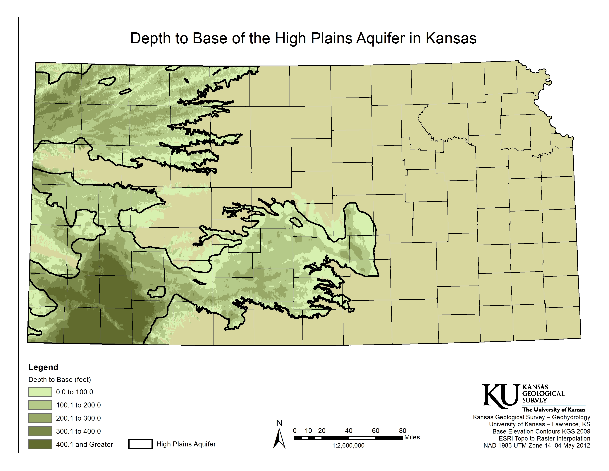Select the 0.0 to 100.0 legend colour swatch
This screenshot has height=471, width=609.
tap(40, 392)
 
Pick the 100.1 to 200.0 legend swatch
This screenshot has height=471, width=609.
tap(40, 405)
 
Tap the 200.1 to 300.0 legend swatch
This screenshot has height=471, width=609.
tap(40, 418)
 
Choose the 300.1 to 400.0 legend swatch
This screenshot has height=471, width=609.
tap(40, 431)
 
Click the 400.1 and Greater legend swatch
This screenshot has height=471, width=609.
tap(40, 444)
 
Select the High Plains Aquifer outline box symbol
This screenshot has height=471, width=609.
tap(140, 444)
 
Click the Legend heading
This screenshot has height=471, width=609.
tap(43, 367)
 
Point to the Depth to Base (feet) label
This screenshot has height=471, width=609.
tap(59, 380)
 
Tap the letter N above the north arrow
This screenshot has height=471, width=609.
tap(279, 423)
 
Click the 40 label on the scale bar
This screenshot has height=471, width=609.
tap(349, 431)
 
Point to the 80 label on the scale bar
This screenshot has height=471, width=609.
tap(402, 431)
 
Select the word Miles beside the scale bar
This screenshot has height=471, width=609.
tap(412, 437)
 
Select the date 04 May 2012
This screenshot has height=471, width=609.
tap(572, 445)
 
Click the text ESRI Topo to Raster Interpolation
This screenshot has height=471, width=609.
tap(544, 438)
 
